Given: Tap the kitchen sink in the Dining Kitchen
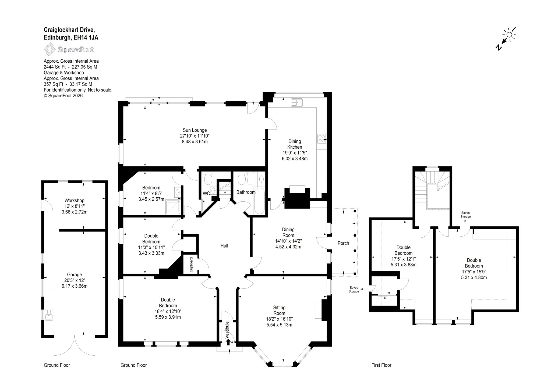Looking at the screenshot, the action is coord(297,102).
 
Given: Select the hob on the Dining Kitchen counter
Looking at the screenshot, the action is coord(322,138).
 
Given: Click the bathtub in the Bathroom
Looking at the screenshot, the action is coord(259,201).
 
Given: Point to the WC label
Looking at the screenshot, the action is coord(206,194).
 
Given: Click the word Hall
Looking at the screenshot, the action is coord(224,246).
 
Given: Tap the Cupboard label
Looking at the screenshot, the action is coord(191,265).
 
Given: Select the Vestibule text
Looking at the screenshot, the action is coord(227,330).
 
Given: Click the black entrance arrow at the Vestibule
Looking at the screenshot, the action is coord(228,342).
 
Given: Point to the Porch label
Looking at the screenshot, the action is coord(343,243).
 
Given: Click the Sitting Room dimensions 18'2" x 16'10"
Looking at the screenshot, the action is coord(279,319).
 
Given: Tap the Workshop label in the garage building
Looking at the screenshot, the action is coord(74,201).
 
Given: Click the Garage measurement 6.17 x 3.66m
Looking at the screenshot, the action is coord(74,286).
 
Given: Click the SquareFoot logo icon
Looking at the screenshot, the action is coord(50,49).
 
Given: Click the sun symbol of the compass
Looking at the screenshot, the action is coord(509,35).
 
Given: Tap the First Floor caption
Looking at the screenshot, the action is coord(381,365).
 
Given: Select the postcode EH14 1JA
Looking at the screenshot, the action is coord(86,38).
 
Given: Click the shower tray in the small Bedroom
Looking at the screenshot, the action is coord(173,207).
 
